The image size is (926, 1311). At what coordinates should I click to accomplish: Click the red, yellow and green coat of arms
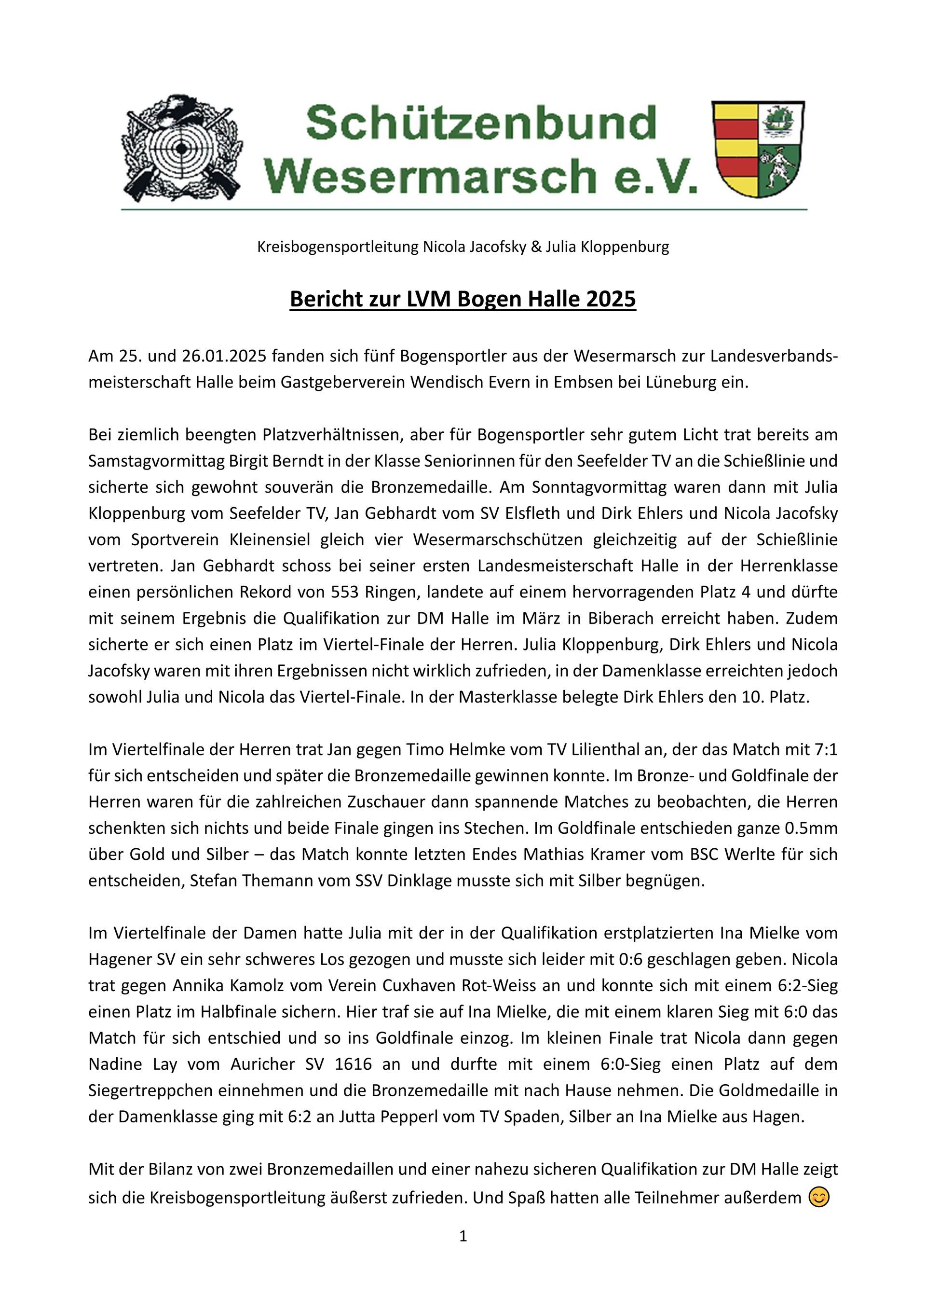(x=758, y=150)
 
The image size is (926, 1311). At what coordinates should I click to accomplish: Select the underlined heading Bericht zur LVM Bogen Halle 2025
(x=463, y=299)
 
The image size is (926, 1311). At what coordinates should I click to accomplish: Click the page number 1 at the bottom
(x=463, y=1236)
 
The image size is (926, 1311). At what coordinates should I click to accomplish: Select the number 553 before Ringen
(x=345, y=592)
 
